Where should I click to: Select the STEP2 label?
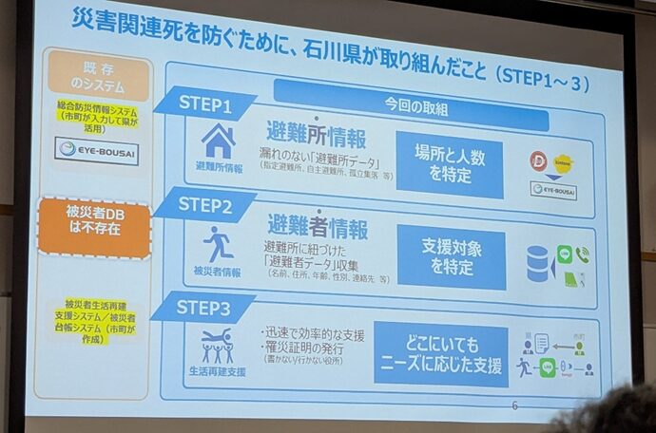coord(203,204)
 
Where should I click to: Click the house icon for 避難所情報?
coord(219,141)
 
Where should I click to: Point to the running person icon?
coord(218,244)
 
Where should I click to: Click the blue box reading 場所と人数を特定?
coord(449,162)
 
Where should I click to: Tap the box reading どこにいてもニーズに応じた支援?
coord(440,355)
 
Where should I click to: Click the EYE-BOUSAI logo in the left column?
coord(96,149)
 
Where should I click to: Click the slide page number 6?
coord(514,405)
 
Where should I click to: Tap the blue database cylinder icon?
coord(539,263)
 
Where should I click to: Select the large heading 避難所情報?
coord(317,132)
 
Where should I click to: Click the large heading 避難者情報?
coord(318,226)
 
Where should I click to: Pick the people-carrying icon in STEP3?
coord(217,346)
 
